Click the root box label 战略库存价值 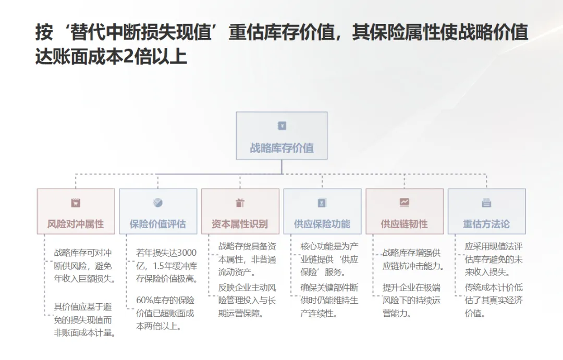tap(281, 148)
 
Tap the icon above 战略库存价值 tap(282, 126)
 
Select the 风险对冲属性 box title tap(76, 224)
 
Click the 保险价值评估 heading tap(157, 224)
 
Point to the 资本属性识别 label tap(240, 224)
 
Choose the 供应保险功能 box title tap(322, 224)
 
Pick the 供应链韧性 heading tap(404, 224)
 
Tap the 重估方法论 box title tap(486, 224)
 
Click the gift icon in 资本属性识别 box tap(240, 203)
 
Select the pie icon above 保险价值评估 tap(157, 203)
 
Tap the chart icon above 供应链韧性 tap(405, 202)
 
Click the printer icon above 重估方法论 tap(486, 203)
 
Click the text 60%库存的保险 tap(165, 300)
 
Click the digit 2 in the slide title tap(128, 56)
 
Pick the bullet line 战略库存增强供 tap(412, 253)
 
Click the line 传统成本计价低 tap(494, 287)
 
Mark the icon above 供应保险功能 tap(322, 203)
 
